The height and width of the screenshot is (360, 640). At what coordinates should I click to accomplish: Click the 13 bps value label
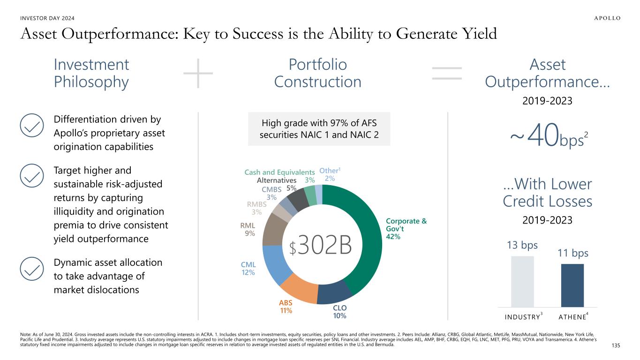tap(522, 245)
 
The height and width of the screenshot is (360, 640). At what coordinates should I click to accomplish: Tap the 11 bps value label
tap(572, 253)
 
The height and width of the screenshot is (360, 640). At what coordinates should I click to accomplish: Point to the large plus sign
tap(198, 74)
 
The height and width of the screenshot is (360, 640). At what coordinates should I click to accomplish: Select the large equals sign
tap(446, 74)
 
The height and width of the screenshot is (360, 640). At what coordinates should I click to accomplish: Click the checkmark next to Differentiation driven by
tap(31, 124)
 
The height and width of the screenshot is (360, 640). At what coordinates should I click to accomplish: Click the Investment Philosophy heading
tap(91, 73)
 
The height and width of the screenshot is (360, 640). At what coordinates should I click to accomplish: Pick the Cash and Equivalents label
tap(279, 172)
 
